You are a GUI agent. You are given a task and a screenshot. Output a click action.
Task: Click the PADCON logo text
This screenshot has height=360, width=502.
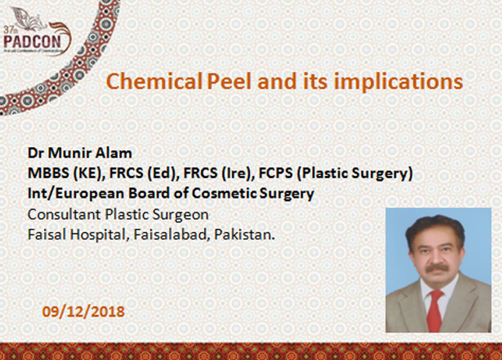[x=32, y=41]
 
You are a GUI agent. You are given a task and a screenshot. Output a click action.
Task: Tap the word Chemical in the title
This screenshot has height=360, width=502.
[x=154, y=81]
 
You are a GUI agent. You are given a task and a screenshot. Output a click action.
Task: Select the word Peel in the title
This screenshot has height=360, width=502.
[x=229, y=81]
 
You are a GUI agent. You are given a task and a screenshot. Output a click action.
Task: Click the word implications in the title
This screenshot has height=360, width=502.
[x=398, y=82]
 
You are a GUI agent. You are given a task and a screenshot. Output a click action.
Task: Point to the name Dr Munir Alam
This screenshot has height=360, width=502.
[x=80, y=153]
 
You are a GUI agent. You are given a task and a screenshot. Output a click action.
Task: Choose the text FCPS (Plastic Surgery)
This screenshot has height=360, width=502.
[x=336, y=174]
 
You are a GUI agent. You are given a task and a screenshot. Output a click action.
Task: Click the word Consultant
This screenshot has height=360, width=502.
[x=64, y=215]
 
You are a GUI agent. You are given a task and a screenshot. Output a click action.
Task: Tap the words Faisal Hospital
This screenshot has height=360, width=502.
[x=76, y=235]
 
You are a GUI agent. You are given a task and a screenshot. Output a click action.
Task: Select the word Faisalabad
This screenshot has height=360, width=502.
[x=171, y=234]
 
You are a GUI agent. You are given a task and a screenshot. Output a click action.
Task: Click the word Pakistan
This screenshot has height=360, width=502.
[x=244, y=234]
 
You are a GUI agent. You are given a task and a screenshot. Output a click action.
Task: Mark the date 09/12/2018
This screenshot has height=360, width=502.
[x=83, y=312]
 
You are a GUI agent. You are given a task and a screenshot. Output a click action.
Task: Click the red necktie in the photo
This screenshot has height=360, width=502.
[x=434, y=310]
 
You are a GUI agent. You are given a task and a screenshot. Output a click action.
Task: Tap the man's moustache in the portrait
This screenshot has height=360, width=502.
[x=438, y=268]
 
